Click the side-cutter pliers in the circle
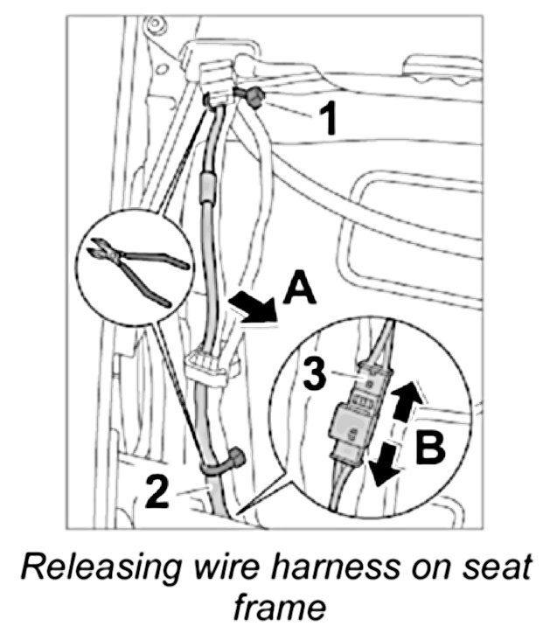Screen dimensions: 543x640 pos(135,268)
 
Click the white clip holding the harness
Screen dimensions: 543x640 pos(206,364)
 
